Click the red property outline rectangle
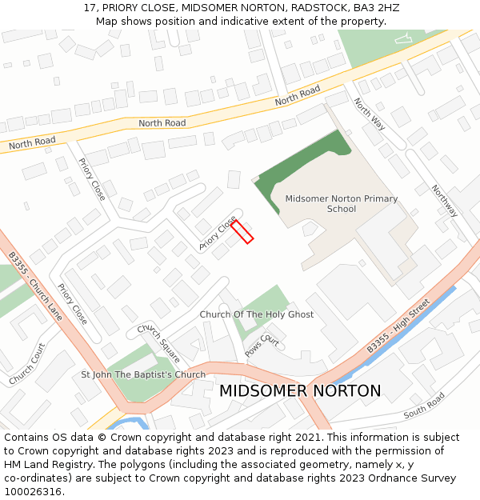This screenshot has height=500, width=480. [242, 230]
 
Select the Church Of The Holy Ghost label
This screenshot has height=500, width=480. [256, 314]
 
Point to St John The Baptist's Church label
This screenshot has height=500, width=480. [143, 374]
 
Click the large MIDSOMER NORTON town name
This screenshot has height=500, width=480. [300, 391]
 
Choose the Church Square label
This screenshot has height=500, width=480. [158, 341]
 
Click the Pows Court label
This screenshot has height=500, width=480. [262, 346]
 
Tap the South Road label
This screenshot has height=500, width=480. [424, 406]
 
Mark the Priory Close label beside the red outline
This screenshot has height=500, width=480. [218, 234]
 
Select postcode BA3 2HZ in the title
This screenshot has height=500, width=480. [372, 8]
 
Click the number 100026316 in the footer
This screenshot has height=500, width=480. [33, 492]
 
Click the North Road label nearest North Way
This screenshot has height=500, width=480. [298, 96]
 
